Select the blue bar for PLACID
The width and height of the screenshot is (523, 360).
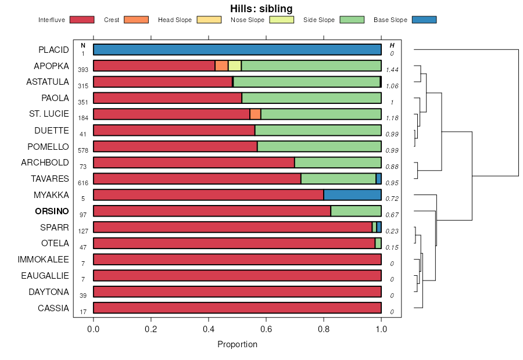[x=237, y=49]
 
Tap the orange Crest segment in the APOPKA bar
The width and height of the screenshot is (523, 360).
[x=221, y=66]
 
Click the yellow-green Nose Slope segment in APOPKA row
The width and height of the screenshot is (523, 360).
[x=234, y=66]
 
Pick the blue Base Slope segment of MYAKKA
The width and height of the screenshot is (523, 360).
[x=352, y=195]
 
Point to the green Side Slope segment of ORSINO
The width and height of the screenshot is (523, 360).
[x=356, y=211]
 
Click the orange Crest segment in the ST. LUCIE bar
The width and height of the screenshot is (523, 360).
[x=255, y=114]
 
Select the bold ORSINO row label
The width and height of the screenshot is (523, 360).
[x=52, y=211]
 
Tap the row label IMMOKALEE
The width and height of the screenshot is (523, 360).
[x=44, y=259]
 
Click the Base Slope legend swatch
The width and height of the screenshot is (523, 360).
[x=424, y=20]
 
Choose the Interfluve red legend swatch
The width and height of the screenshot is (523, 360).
[x=82, y=20]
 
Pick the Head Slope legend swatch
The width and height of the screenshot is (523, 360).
[x=209, y=20]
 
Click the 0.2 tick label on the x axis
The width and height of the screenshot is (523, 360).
[x=151, y=329]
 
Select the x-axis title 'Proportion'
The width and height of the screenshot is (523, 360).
[x=237, y=344]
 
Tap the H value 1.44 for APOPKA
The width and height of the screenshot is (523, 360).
[x=392, y=69]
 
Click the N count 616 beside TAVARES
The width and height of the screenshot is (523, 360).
[x=83, y=182]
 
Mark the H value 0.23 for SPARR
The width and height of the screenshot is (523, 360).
[x=392, y=231]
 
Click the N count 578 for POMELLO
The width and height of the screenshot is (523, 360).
[x=83, y=150]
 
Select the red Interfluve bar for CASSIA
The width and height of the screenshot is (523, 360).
[x=237, y=308]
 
